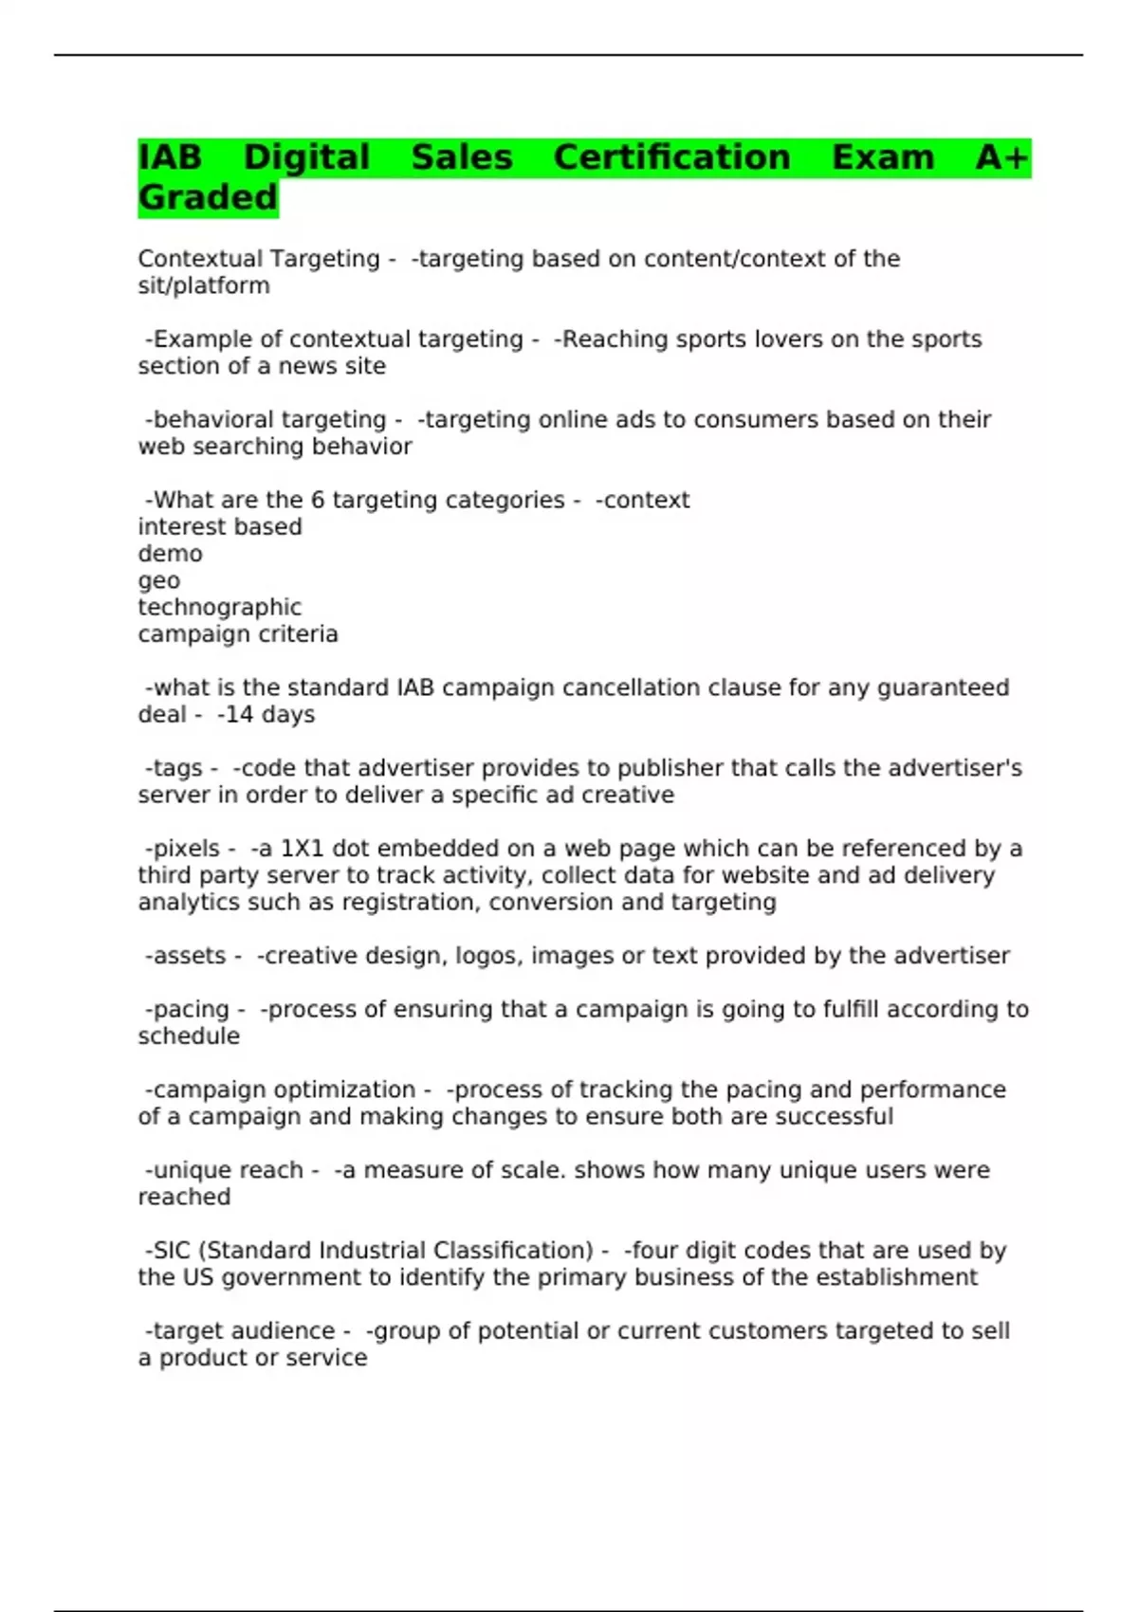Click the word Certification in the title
point(671,157)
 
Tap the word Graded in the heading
point(208,197)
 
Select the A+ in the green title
point(1001,157)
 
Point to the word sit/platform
point(204,285)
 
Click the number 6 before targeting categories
point(318,500)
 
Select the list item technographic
point(219,607)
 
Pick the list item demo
point(170,554)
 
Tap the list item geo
point(158,581)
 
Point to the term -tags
point(174,768)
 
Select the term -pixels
point(183,849)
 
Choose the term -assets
point(186,956)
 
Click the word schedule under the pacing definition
point(189,1036)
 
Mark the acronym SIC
point(172,1251)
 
